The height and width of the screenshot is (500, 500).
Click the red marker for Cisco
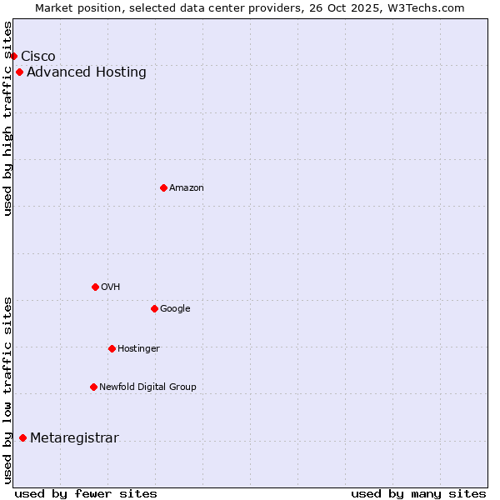[x=13, y=56]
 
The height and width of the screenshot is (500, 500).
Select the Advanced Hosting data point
[x=19, y=72]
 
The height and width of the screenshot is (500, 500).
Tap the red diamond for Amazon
[x=163, y=187]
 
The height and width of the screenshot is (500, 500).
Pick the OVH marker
[x=95, y=287]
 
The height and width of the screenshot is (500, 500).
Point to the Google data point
[x=154, y=308]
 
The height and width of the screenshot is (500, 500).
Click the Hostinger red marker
[x=112, y=348]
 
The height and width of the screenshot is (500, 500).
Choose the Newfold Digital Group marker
[x=93, y=387]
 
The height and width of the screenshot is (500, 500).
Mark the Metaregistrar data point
[x=22, y=438]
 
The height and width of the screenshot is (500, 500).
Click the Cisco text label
[x=38, y=56]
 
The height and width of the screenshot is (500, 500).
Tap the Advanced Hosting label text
[x=87, y=72]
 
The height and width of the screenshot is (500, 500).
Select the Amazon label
[x=187, y=187]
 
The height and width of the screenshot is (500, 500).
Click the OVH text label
[x=111, y=287]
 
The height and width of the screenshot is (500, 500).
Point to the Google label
[x=175, y=308]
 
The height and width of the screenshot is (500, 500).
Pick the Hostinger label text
[x=138, y=348]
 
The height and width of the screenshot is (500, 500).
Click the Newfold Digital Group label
[x=147, y=387]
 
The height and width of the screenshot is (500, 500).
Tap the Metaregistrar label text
[x=74, y=438]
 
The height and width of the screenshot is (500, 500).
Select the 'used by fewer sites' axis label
[x=86, y=493]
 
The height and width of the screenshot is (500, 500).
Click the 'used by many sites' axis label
[x=418, y=493]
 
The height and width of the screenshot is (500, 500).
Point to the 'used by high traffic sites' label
[x=7, y=118]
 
